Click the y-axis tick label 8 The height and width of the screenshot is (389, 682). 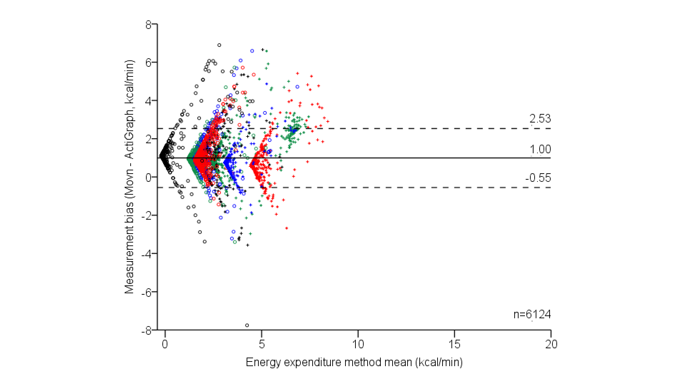pos(148,25)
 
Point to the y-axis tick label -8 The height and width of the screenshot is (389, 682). pos(147,331)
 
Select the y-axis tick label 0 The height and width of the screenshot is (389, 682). pos(148,178)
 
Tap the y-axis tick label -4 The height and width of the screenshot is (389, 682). pos(147,254)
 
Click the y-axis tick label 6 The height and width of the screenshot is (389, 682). pos(148,63)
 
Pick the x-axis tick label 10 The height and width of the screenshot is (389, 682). pos(358,344)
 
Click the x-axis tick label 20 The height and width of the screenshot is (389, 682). pos(551,344)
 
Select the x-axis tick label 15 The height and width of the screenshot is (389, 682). pos(454,344)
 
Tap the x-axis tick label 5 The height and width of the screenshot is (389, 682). pos(262,344)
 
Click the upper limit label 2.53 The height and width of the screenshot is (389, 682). pos(540,119)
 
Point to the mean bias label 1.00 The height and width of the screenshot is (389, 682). pos(540,149)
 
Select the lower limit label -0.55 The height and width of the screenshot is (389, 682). pos(538,178)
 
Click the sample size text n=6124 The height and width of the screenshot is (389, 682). pos(532,314)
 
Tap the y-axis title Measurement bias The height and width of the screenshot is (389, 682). pos(129,177)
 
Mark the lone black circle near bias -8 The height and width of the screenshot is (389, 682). pos(247,325)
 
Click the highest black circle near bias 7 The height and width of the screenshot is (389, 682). pos(219,45)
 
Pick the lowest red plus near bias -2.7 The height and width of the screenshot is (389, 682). pos(287,228)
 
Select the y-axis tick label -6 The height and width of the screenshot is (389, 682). pos(147,293)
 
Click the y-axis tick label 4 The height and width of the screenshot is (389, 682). pos(148,101)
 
